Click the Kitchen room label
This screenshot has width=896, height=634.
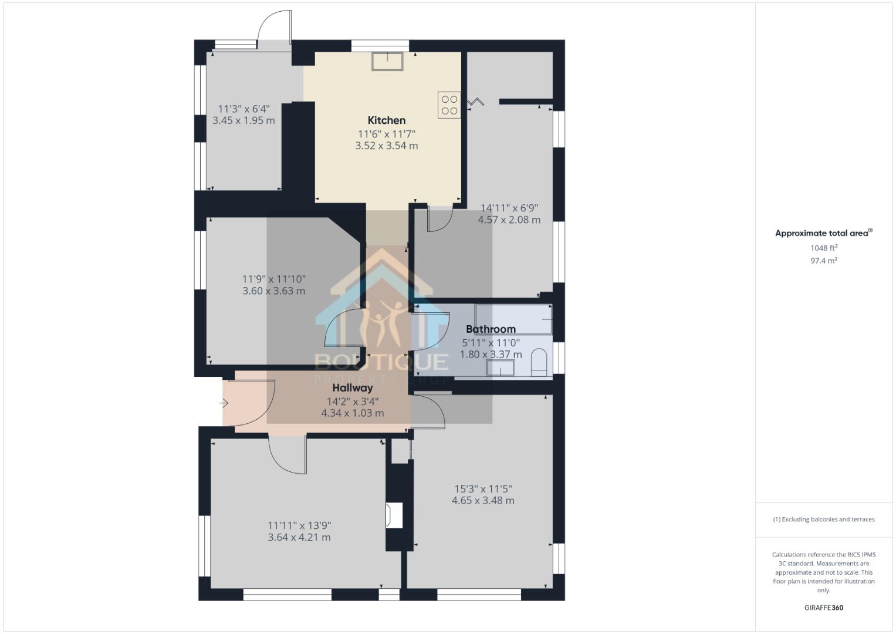pos(386,120)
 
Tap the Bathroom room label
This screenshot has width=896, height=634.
pos(491,329)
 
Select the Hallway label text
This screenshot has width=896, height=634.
pos(353,388)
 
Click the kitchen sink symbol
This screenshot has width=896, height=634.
pos(387,62)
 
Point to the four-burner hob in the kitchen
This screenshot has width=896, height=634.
pos(449,105)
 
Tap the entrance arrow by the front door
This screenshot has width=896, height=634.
pos(224,403)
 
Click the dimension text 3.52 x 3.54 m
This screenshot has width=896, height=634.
pos(386,146)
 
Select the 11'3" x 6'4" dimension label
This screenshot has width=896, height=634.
pos(244,109)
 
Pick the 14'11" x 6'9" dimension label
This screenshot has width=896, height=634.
pos(509,208)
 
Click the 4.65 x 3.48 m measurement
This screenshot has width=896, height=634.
pos(482,501)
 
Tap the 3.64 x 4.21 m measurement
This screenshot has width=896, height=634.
pos(299,537)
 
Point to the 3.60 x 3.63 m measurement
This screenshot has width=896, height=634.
pos(273,291)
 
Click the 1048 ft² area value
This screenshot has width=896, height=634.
pos(823,248)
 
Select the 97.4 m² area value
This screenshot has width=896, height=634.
pos(823,261)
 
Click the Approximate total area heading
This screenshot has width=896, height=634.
pos(823,233)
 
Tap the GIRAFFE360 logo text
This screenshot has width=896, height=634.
pos(823,608)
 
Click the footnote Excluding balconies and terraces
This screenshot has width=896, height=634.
pos(823,520)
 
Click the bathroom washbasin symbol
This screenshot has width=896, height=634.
pos(500,368)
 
